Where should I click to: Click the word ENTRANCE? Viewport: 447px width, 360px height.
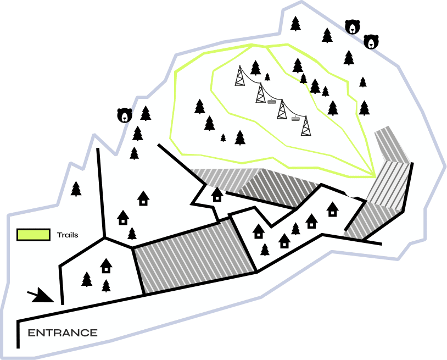point(63,333)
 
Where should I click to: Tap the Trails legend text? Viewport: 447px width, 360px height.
point(68,235)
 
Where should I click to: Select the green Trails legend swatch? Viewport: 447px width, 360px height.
point(33,235)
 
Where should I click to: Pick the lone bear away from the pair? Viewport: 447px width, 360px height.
point(125,115)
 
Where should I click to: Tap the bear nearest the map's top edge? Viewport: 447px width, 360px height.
point(353,27)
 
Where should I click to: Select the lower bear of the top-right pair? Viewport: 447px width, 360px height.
point(371,42)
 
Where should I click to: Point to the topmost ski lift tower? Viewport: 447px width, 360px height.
point(240,76)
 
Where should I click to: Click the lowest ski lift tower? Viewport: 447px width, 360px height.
point(306,125)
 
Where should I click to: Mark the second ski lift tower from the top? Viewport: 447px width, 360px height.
point(260,93)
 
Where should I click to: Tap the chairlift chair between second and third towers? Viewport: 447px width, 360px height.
point(271,101)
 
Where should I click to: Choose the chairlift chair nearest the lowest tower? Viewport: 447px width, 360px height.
point(295,118)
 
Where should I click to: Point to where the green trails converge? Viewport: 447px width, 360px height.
point(375,176)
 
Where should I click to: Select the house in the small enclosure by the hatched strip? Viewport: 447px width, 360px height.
point(217,195)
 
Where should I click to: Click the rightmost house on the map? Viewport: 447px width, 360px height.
point(332,209)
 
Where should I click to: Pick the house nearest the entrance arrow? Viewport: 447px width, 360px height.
point(106,265)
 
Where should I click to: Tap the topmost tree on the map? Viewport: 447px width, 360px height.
point(295,24)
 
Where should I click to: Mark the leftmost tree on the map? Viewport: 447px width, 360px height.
point(76,189)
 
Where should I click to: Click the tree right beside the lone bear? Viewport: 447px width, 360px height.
point(146,113)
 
